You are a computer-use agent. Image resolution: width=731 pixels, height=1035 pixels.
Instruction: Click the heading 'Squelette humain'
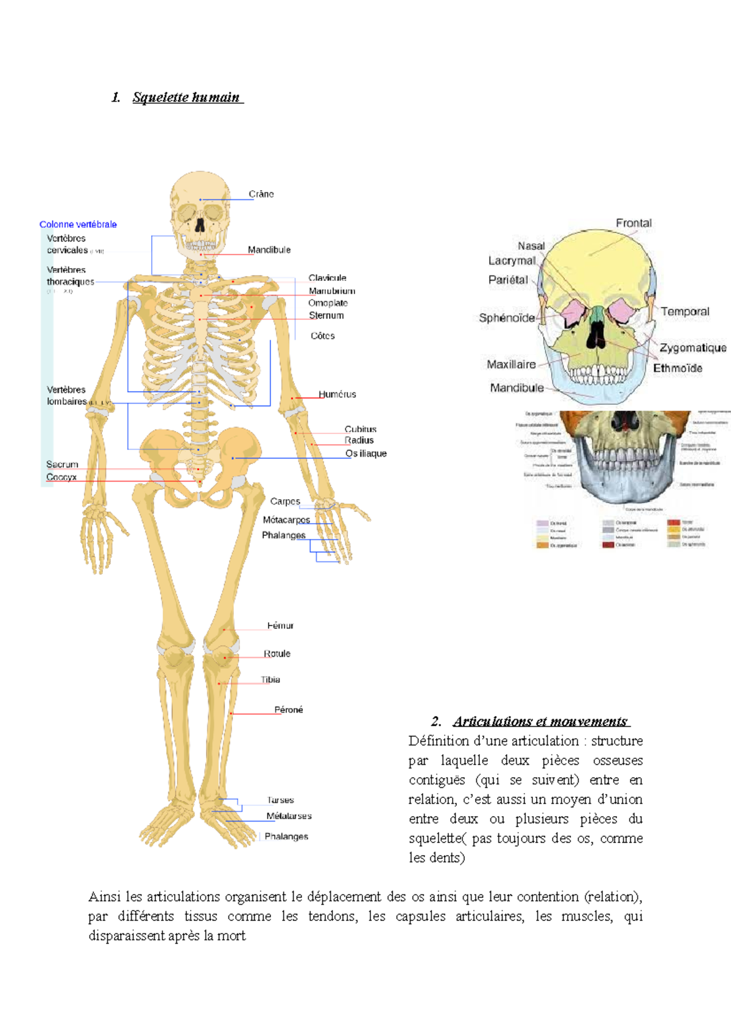186,98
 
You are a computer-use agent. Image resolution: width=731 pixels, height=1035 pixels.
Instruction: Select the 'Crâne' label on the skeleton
261,194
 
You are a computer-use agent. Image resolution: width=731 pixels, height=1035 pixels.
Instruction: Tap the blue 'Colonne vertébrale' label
78,224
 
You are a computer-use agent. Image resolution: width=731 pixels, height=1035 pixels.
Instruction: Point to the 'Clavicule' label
327,278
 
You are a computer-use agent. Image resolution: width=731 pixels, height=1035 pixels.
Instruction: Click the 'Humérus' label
337,394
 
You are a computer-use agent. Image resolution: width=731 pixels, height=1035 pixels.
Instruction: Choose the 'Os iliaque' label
366,453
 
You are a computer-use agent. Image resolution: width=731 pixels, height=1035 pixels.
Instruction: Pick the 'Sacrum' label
62,464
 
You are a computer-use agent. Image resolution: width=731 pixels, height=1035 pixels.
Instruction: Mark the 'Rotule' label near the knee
277,653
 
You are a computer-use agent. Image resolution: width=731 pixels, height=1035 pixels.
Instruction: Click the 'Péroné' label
289,710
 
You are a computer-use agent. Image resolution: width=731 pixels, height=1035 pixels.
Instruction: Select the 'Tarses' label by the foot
280,800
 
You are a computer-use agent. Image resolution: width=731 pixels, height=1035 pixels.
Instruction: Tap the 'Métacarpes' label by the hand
286,520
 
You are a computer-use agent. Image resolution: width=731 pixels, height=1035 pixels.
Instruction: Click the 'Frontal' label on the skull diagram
634,223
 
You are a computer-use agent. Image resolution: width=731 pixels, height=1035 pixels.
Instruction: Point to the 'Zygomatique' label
693,347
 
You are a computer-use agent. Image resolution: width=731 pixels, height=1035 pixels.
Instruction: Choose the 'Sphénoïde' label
507,318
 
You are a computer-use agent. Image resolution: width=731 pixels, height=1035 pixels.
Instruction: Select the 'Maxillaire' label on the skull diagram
511,365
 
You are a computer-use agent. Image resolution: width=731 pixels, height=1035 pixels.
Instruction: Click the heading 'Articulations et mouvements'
540,722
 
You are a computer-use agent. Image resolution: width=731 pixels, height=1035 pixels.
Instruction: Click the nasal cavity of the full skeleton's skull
200,226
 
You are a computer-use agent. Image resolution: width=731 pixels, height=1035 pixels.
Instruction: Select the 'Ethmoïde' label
677,368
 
